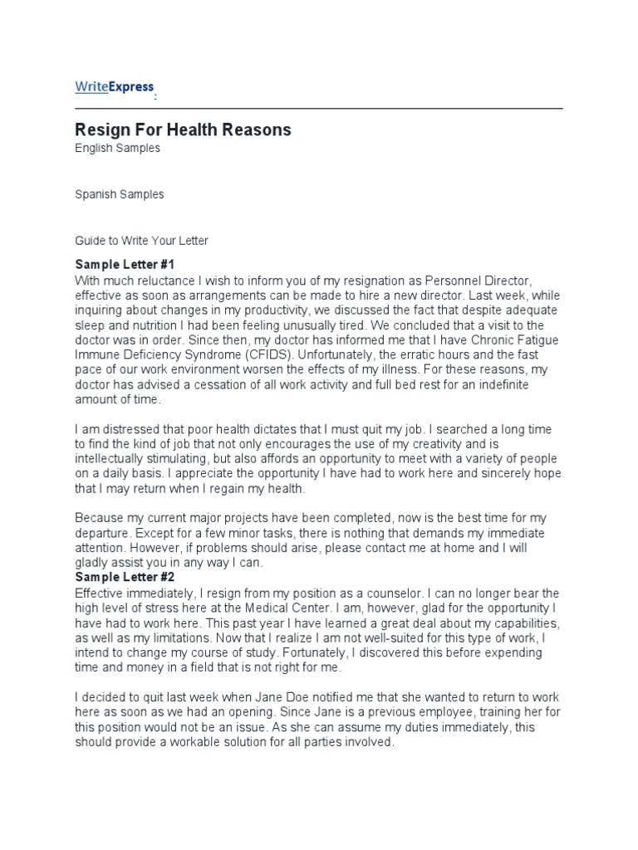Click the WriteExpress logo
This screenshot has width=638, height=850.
click(x=114, y=87)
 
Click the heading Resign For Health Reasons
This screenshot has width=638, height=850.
click(x=183, y=129)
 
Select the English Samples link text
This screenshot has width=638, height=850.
click(x=117, y=149)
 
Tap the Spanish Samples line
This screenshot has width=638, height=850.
click(x=119, y=194)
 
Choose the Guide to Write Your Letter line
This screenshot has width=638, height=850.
click(x=141, y=241)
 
